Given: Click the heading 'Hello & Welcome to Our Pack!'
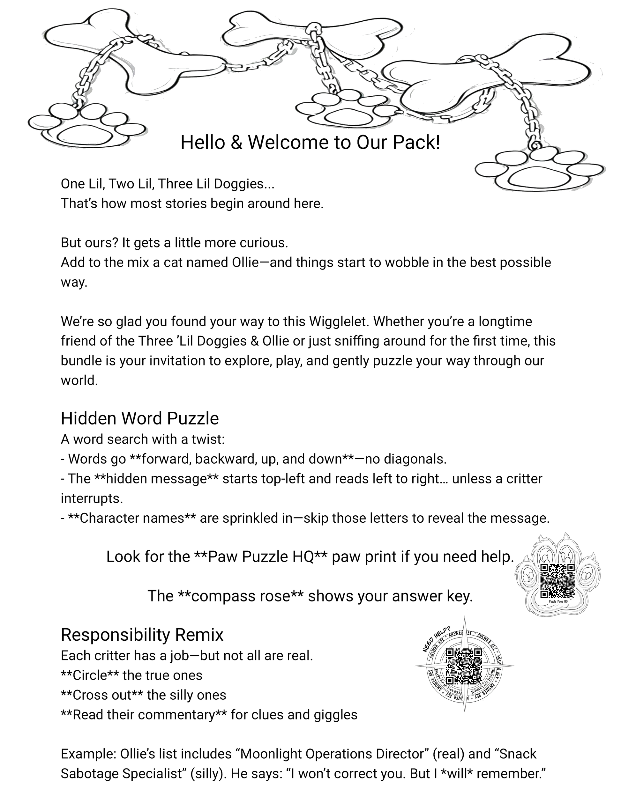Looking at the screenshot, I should [310, 143].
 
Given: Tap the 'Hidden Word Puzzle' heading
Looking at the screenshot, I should [140, 418].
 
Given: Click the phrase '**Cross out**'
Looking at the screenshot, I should [102, 695].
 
